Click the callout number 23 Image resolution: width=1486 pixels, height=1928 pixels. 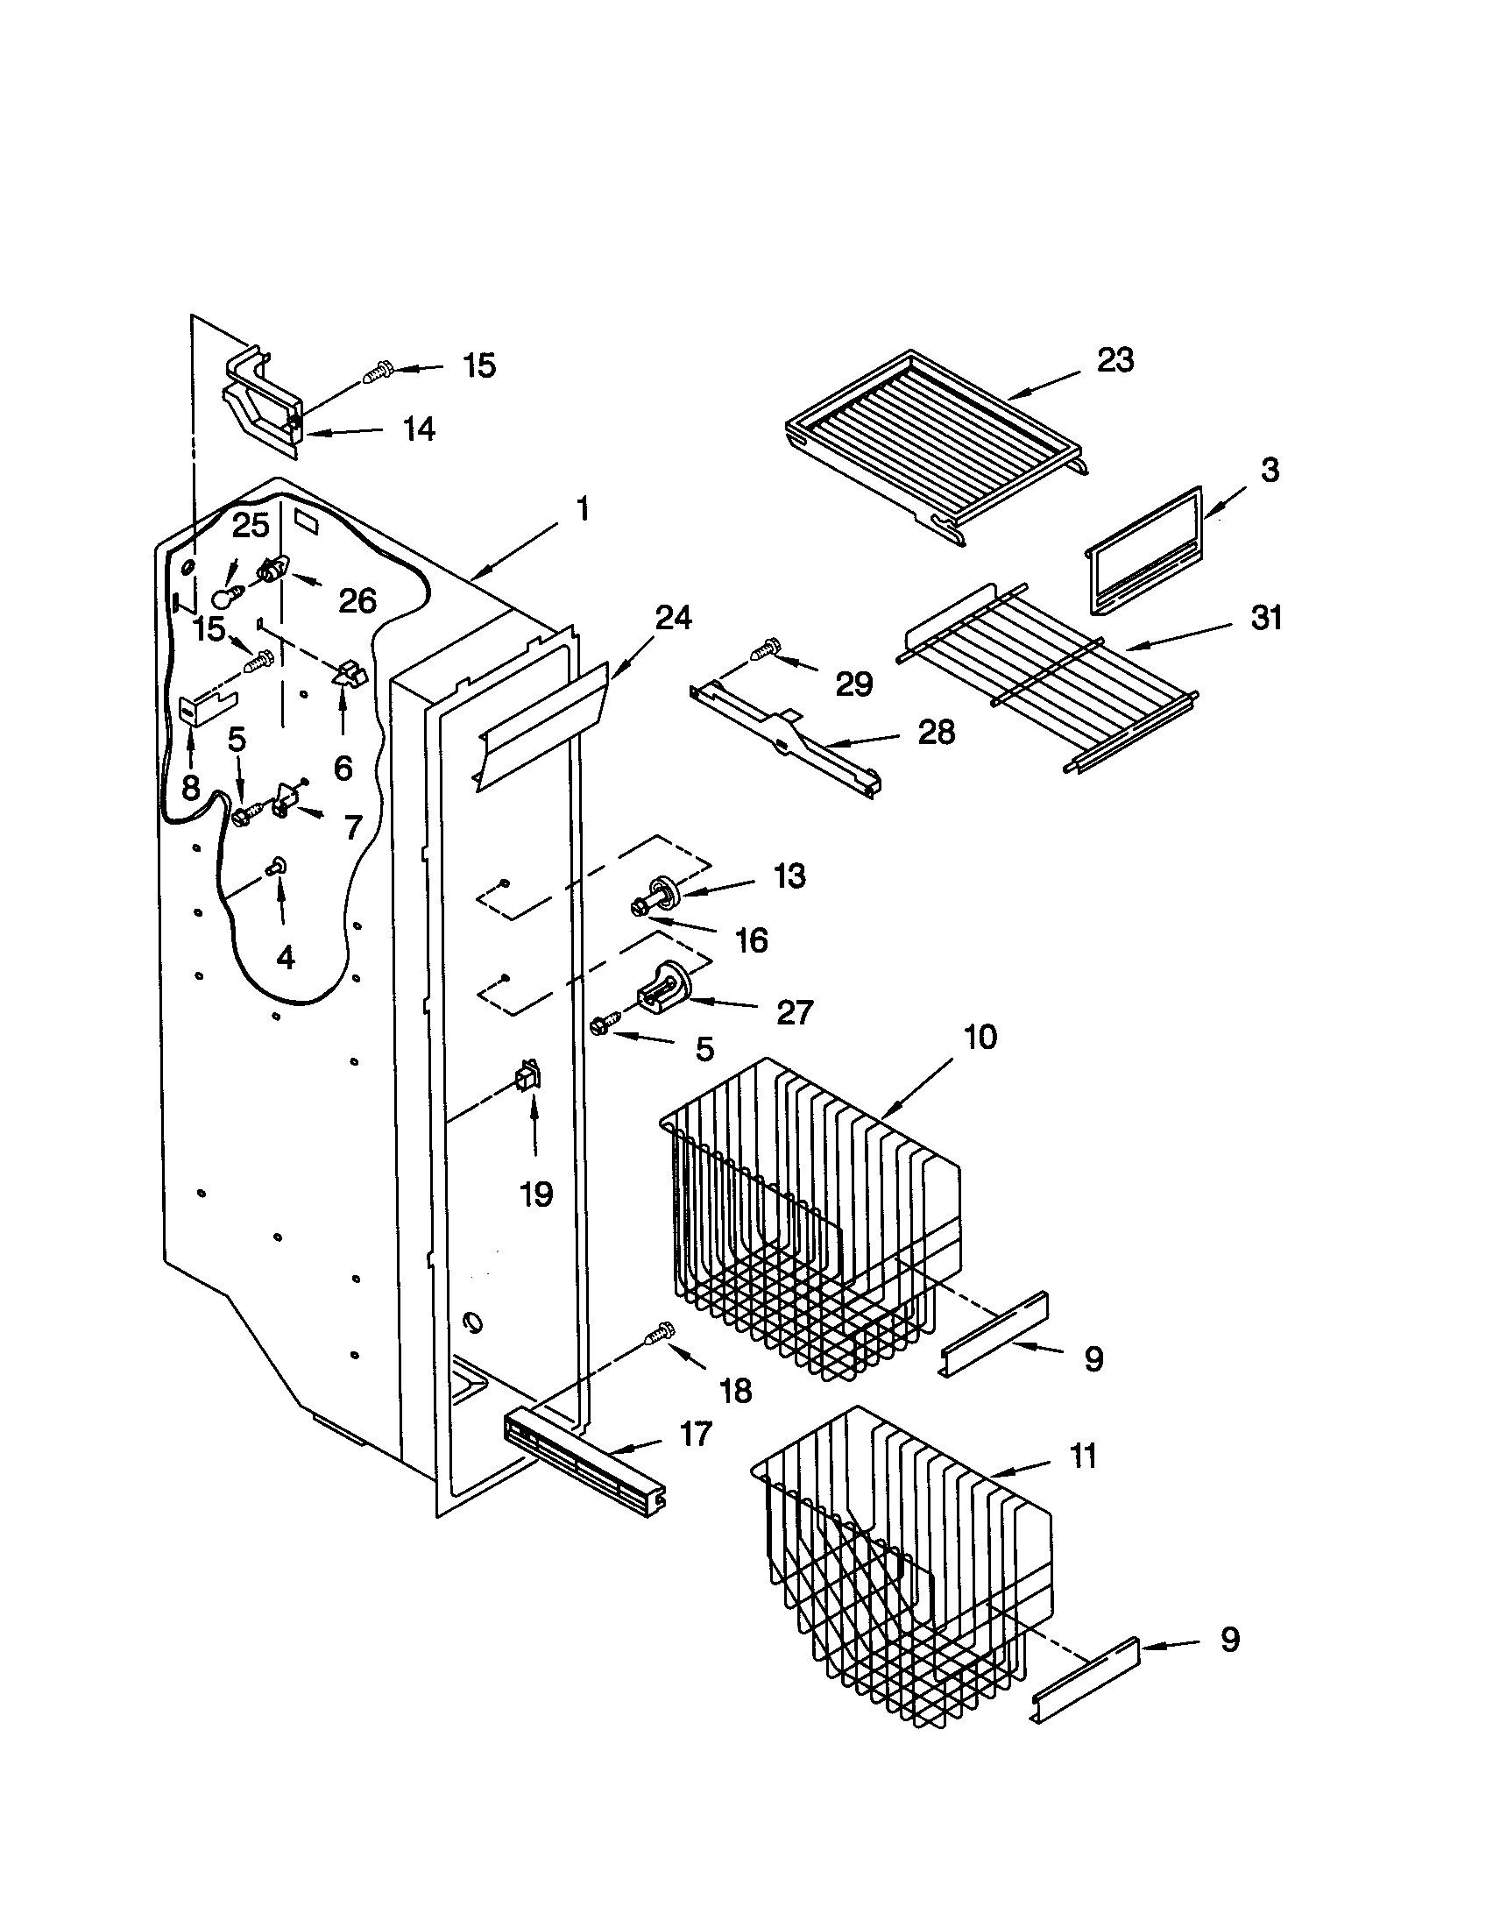pyautogui.click(x=1114, y=360)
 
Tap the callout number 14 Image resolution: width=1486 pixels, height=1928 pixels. pyautogui.click(x=418, y=430)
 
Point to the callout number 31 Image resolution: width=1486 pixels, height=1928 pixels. pyautogui.click(x=1266, y=618)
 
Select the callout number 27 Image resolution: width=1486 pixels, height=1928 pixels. pyautogui.click(x=793, y=1012)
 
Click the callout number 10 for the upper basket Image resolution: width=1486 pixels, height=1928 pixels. pyautogui.click(x=979, y=1037)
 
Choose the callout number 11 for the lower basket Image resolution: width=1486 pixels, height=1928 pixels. pyautogui.click(x=1082, y=1456)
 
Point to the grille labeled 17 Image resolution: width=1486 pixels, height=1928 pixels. pyautogui.click(x=583, y=1463)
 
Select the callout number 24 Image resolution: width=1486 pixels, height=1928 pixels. pyautogui.click(x=673, y=618)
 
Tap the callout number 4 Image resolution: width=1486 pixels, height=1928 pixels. pyautogui.click(x=284, y=957)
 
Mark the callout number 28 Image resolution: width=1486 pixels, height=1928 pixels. pyautogui.click(x=936, y=732)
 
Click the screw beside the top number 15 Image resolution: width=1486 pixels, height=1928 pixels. pyautogui.click(x=379, y=373)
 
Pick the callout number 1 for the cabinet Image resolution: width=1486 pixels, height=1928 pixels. pyautogui.click(x=582, y=509)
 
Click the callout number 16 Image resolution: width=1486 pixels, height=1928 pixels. pyautogui.click(x=752, y=940)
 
